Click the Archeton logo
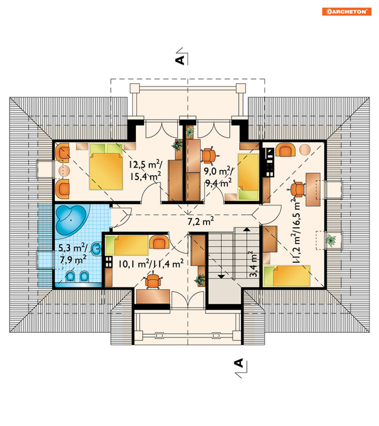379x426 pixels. [x=347, y=12]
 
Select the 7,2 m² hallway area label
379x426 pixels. [x=201, y=221]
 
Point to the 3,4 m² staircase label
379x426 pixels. [x=253, y=264]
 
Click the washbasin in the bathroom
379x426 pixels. [x=96, y=249]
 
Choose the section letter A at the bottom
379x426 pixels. [x=238, y=363]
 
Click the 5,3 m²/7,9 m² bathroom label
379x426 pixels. [x=73, y=254]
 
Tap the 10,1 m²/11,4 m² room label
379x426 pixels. [x=151, y=263]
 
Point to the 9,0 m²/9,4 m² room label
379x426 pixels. [x=218, y=177]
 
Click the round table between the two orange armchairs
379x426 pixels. [x=64, y=171]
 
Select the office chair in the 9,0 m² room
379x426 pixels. [x=209, y=156]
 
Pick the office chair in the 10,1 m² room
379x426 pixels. [x=153, y=281]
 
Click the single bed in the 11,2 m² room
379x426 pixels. [x=287, y=276]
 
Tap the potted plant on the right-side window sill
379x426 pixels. [x=331, y=240]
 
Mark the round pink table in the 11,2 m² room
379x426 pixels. [x=305, y=150]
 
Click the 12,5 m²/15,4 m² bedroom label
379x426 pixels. [x=146, y=170]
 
